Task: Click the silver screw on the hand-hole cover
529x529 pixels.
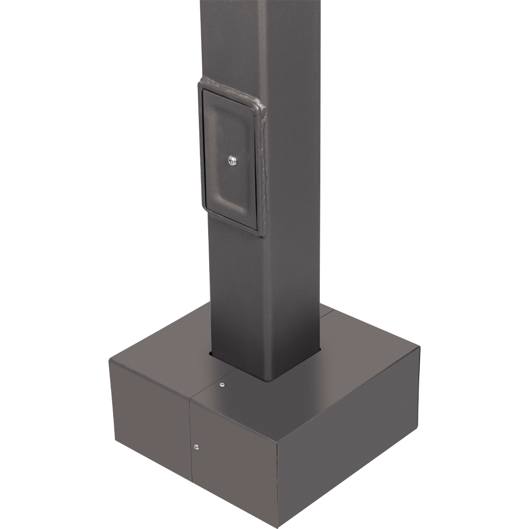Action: [232, 160]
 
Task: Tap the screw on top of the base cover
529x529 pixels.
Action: [222, 385]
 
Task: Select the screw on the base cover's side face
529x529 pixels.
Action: [196, 446]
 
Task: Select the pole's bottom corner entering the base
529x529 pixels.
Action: [272, 380]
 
